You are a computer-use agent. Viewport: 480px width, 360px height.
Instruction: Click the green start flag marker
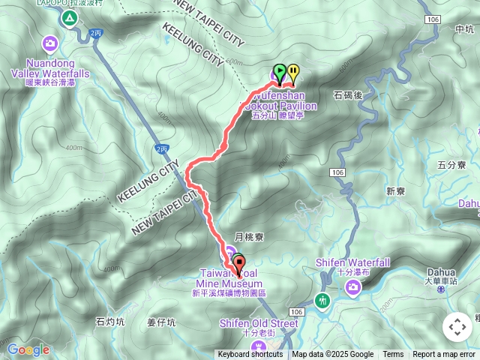coord(279,72)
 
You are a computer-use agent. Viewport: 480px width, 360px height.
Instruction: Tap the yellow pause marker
coord(292,72)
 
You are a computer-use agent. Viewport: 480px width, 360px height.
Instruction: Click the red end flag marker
coord(239,263)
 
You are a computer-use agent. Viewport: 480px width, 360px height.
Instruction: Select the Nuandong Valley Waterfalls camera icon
coord(50,43)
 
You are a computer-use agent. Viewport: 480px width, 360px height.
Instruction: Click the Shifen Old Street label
coord(259,323)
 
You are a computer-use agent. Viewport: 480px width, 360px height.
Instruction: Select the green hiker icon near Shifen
coord(323,301)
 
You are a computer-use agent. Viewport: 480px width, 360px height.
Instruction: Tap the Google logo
coord(28,349)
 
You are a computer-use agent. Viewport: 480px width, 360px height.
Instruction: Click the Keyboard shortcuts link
coord(250,355)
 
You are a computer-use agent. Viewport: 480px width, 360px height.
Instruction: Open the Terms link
coord(393,355)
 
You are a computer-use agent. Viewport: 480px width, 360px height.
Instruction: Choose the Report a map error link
coord(444,355)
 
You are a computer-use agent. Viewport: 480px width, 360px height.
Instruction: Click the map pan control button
coord(457,327)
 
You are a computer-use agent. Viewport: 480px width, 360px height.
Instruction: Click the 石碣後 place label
coord(347,95)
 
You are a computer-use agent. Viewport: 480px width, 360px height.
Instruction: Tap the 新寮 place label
coord(396,191)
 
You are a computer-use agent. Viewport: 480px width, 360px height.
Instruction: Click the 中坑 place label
coord(465,29)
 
